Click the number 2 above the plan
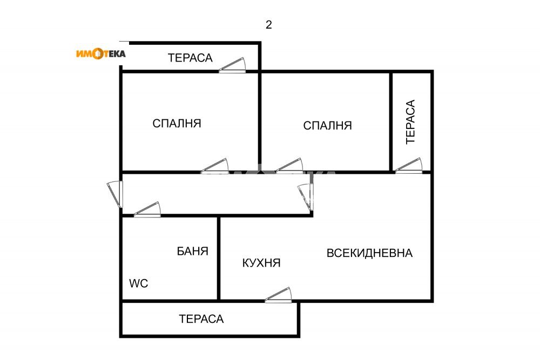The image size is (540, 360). [x=268, y=25]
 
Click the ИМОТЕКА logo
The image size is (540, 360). [x=101, y=53]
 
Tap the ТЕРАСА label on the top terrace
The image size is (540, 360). [x=190, y=58]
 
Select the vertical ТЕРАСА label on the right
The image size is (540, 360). [x=410, y=122]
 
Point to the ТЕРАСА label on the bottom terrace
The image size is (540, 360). [x=201, y=319]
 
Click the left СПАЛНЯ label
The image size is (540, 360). [x=177, y=123]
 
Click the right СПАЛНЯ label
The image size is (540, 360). [x=328, y=126]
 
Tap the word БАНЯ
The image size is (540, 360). [x=193, y=251]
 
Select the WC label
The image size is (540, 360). [x=138, y=283]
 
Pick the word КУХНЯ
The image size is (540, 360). [x=261, y=263]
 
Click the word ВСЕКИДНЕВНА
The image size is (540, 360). [x=369, y=253]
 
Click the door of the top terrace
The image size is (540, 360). [x=232, y=65]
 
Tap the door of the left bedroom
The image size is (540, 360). [x=215, y=166]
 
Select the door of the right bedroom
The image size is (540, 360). [x=289, y=166]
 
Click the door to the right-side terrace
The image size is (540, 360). [x=409, y=165]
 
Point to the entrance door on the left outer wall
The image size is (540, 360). [x=115, y=194]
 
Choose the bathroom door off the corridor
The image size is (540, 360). [x=147, y=209]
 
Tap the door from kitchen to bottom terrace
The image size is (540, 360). [x=278, y=295]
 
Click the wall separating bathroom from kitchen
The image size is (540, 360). [x=219, y=259]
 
